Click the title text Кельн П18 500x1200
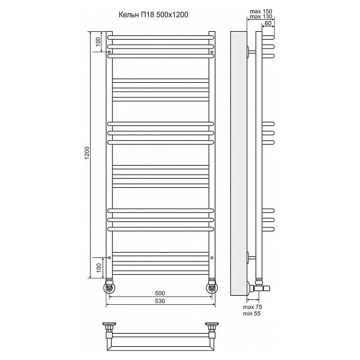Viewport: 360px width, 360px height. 154,14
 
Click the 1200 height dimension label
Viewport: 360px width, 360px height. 87,153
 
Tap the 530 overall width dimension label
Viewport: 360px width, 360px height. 160,301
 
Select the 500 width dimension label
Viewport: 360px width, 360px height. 160,293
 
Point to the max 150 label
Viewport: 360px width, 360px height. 261,11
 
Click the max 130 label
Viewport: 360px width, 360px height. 261,17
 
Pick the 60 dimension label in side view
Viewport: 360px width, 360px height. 268,23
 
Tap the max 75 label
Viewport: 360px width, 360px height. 253,307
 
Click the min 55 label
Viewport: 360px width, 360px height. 252,314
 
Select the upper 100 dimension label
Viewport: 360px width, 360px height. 98,41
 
